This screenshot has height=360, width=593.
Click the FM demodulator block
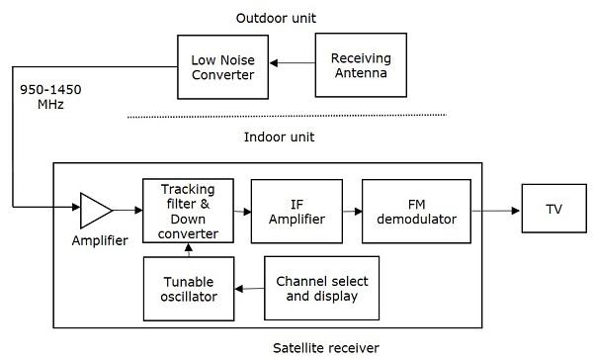click(x=415, y=210)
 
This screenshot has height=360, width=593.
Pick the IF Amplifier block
click(x=297, y=210)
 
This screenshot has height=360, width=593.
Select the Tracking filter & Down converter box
click(x=187, y=210)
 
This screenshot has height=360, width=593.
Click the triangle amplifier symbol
click(x=96, y=210)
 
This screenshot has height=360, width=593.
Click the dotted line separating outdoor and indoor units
click(x=287, y=116)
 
